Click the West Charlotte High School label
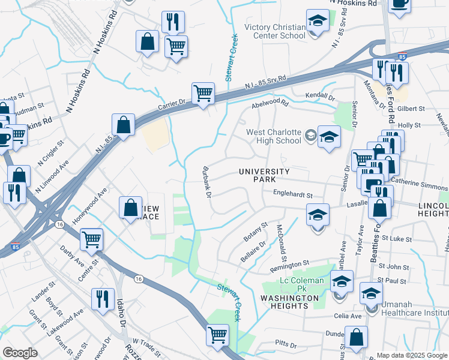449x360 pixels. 273,136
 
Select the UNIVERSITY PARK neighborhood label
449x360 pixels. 265,176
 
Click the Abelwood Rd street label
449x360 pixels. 270,103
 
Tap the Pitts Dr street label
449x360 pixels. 286,345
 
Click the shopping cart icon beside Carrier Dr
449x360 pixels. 203,94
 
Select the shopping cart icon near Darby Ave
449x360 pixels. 92,239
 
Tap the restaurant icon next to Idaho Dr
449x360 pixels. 103,299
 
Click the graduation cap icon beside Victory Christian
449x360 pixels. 318,21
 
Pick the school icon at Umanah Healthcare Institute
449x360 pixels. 371,295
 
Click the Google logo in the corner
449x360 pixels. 20,353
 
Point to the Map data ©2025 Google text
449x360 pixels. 412,355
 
